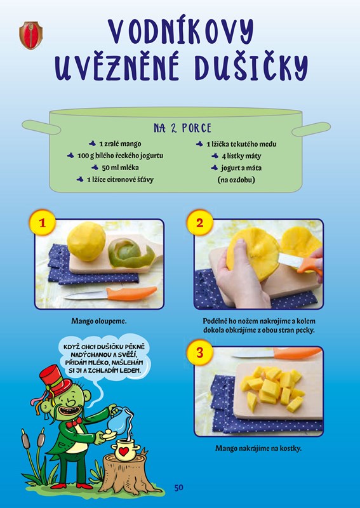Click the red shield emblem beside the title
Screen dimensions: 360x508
30,36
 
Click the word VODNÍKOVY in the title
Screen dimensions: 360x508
181,32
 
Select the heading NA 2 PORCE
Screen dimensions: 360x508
182,128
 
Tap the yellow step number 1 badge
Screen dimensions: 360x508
43,223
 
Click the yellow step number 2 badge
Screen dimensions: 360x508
199,223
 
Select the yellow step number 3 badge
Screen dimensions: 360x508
199,352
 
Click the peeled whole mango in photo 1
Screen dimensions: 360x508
86,241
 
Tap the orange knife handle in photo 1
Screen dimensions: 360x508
131,293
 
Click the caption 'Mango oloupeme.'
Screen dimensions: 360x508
99,321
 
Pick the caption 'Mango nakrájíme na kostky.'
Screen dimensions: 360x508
258,449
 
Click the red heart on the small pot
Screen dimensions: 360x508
123,451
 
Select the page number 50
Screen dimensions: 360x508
178,488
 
